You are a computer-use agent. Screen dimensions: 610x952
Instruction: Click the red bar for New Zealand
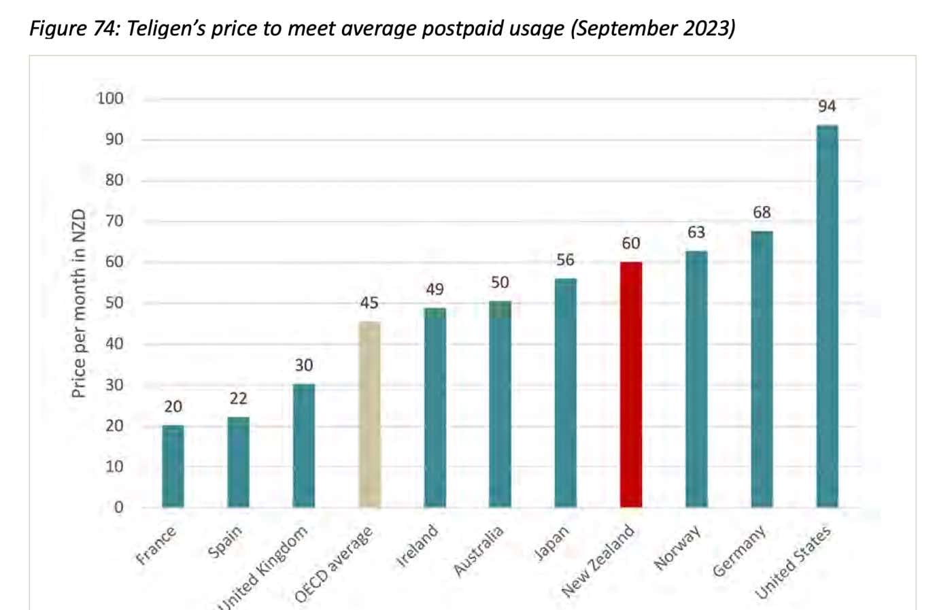tap(630, 384)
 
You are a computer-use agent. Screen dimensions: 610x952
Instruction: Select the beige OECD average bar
tap(369, 415)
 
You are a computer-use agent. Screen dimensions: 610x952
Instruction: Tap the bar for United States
tap(827, 316)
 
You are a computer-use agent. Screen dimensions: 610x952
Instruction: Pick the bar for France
tap(173, 467)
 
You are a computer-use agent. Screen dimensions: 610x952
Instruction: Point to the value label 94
tap(827, 107)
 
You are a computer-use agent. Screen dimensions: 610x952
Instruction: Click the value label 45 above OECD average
tap(369, 303)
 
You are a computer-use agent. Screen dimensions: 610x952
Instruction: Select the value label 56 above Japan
tap(565, 260)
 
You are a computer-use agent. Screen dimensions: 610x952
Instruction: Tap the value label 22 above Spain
tap(238, 399)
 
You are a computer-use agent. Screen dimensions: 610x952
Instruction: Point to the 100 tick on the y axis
tap(110, 99)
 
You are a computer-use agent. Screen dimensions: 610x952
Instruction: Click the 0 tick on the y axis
tap(118, 507)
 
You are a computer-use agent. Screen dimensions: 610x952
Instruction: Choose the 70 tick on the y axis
tap(114, 221)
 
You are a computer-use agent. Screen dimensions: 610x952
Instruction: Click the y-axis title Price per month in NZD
tap(79, 303)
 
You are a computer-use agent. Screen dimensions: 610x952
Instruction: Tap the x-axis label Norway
tap(677, 548)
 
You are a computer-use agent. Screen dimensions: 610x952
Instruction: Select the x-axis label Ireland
tap(418, 546)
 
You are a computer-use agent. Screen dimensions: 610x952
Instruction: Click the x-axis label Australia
tap(479, 551)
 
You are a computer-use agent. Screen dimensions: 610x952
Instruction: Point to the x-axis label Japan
tap(551, 543)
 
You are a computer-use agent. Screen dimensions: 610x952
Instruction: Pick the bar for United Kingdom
tap(304, 445)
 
